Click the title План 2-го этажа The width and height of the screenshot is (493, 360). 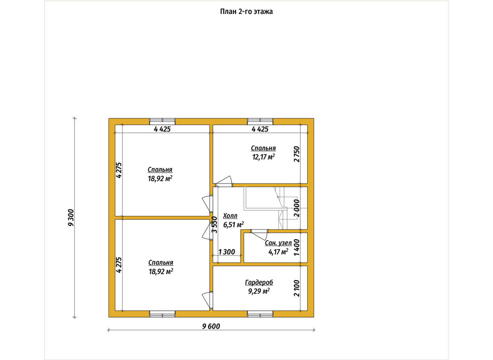click(x=246, y=12)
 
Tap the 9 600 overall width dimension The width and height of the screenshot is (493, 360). click(x=211, y=326)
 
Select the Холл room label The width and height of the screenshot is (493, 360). click(x=230, y=216)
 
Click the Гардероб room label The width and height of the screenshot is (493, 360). click(x=259, y=283)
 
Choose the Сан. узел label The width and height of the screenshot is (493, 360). click(x=278, y=243)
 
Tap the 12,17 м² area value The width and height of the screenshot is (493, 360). click(x=264, y=157)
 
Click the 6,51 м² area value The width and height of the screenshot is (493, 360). click(x=234, y=224)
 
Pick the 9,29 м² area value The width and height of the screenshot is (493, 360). click(x=259, y=291)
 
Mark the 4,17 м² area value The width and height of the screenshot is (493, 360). click(x=278, y=252)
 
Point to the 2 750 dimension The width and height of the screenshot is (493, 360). click(x=297, y=154)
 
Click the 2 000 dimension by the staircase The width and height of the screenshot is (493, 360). click(x=296, y=208)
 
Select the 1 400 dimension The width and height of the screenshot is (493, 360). click(x=296, y=248)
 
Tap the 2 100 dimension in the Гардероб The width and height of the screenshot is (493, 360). click(x=296, y=288)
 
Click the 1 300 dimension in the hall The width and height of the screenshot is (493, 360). click(x=227, y=252)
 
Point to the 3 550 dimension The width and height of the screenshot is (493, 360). click(x=214, y=224)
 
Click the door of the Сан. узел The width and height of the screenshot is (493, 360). click(x=259, y=232)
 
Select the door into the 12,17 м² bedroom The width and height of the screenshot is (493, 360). click(x=223, y=181)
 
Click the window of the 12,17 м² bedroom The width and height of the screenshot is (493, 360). click(x=260, y=121)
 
